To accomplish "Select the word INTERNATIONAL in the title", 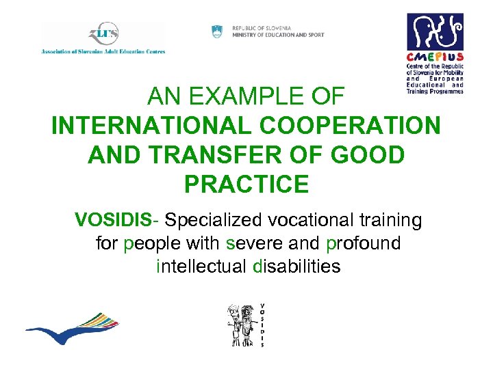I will [x=138, y=126].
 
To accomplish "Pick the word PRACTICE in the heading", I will [x=246, y=184].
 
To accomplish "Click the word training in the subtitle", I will [x=394, y=220].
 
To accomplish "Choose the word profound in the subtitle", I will [x=364, y=243].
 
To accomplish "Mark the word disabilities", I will [x=296, y=266].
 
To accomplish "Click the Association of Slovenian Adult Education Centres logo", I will [x=103, y=38].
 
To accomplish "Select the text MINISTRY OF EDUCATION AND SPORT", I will [x=278, y=35].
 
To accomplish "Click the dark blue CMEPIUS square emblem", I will [x=435, y=31].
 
